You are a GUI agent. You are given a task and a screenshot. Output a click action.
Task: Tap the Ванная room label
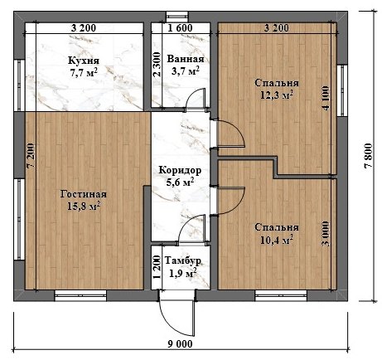pos(183,60)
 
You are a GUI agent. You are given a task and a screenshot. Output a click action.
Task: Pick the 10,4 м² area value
pos(275,240)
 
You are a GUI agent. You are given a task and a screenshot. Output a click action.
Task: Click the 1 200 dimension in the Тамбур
pos(158,265)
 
